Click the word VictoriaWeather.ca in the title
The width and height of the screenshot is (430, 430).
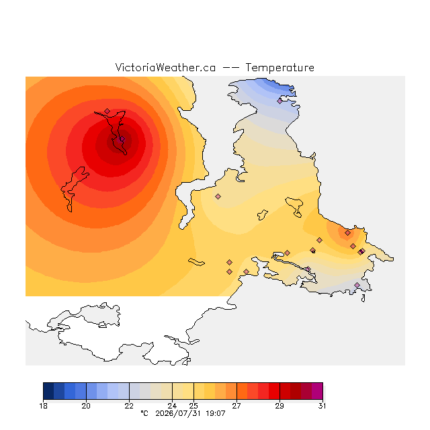click(x=165, y=67)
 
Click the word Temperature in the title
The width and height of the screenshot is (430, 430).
click(x=279, y=67)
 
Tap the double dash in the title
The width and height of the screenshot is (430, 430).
click(x=230, y=68)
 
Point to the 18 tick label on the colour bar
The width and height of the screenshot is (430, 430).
click(x=43, y=406)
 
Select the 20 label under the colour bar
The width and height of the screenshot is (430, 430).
click(x=86, y=406)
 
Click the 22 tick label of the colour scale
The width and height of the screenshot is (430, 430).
click(x=129, y=406)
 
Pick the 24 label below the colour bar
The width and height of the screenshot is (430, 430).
click(x=172, y=406)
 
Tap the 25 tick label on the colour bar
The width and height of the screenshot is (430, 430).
click(x=193, y=406)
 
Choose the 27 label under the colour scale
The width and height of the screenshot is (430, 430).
click(x=236, y=406)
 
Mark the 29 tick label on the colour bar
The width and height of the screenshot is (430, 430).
click(x=279, y=406)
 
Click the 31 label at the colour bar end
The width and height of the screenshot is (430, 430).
click(x=322, y=406)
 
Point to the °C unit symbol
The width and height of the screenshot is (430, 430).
click(x=144, y=413)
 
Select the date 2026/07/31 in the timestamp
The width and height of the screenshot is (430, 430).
click(x=179, y=413)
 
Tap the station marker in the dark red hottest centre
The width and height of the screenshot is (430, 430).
click(x=122, y=139)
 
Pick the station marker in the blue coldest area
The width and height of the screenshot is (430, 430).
click(x=279, y=101)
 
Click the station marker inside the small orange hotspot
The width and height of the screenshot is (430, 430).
click(x=348, y=233)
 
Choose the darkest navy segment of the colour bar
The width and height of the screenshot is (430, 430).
click(x=48, y=391)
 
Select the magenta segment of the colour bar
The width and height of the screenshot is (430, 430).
click(x=317, y=391)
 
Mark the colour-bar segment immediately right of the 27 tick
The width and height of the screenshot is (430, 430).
click(x=242, y=391)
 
